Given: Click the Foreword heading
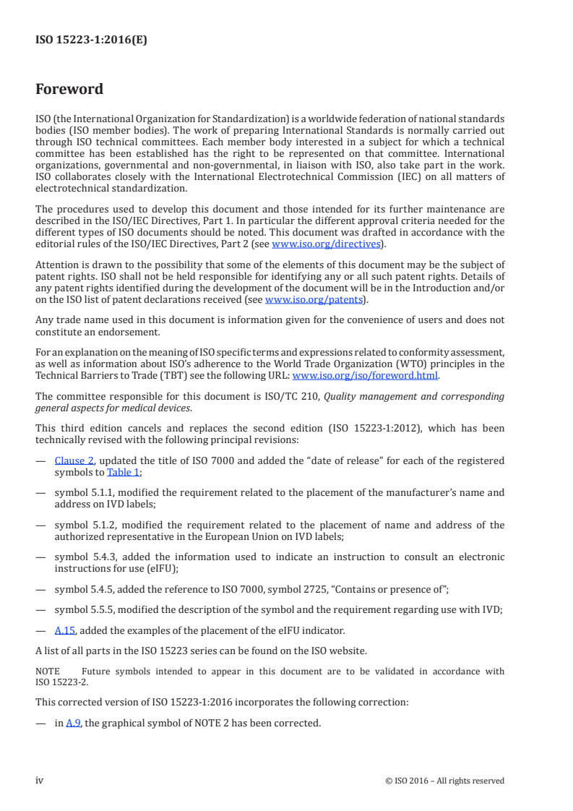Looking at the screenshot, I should click(x=69, y=90).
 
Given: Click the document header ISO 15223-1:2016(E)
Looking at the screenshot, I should click(x=91, y=40).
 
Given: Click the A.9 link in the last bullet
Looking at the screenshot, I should click(x=73, y=722).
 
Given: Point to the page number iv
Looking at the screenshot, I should click(x=40, y=780).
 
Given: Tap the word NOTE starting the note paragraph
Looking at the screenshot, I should click(x=48, y=671).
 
